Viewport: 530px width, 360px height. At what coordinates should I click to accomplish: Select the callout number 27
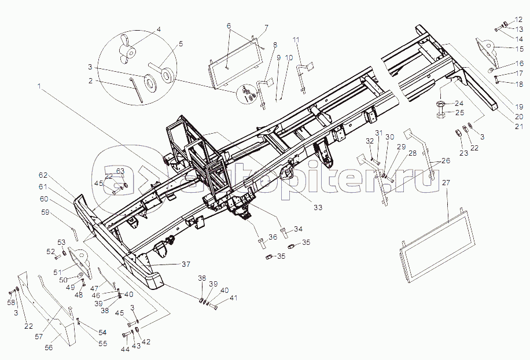(x=446, y=182)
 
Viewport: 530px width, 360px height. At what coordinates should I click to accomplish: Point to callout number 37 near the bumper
(x=186, y=265)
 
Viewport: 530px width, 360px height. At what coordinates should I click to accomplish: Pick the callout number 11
(x=296, y=39)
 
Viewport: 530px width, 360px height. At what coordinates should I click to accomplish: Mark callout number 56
(x=49, y=347)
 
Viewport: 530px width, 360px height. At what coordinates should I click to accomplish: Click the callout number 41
(x=233, y=298)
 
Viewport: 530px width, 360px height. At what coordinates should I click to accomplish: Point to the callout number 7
(x=267, y=27)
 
